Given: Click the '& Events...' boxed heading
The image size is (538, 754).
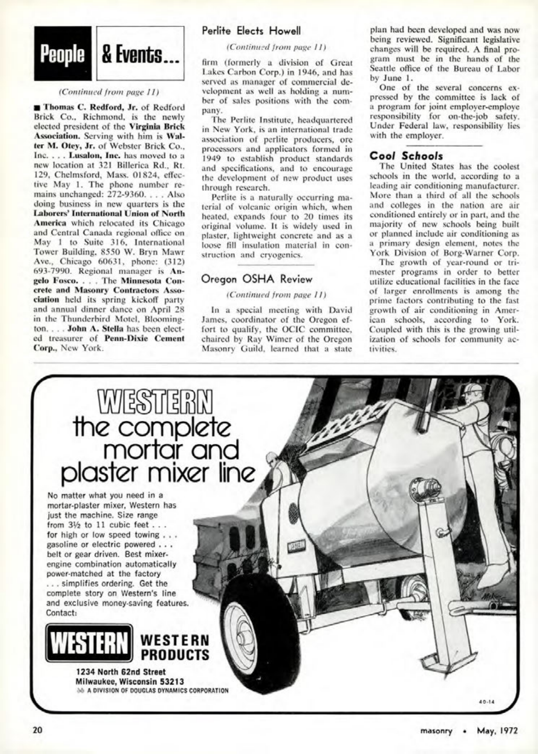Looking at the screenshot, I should pos(140,53).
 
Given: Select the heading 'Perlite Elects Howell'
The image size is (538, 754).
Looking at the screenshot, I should pos(251,31).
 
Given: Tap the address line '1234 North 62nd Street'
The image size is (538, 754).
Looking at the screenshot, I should pos(121,672).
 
